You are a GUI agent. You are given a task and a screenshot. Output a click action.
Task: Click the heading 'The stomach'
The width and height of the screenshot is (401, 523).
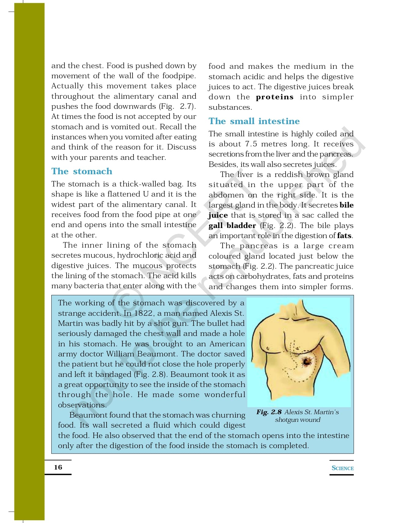click(x=82, y=171)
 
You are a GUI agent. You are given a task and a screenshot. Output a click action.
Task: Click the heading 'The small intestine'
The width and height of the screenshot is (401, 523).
click(x=254, y=121)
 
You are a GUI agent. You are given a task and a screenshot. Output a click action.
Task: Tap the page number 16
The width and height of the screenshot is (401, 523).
click(x=58, y=467)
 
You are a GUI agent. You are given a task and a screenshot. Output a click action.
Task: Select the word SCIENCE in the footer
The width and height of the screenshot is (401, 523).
click(x=342, y=468)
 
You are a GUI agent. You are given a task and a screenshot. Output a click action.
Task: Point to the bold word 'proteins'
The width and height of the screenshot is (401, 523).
click(x=275, y=97)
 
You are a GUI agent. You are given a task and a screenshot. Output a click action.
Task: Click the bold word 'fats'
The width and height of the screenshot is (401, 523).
click(x=344, y=236)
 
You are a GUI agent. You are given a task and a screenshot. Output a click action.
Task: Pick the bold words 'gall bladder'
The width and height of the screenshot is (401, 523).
click(x=232, y=226)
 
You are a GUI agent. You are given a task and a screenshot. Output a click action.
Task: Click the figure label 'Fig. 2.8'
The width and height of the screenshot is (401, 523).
click(x=269, y=412)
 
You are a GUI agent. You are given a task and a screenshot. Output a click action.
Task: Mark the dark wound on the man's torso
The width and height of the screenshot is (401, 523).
click(x=306, y=362)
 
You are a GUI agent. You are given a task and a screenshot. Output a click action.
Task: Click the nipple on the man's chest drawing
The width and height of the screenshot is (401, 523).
click(x=268, y=348)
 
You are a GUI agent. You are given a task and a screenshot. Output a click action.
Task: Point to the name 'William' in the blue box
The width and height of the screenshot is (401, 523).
click(x=120, y=354)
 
